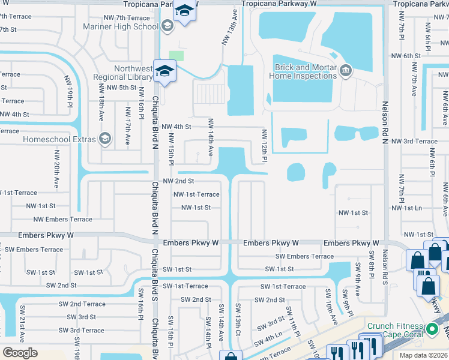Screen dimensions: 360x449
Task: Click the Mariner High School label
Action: [x=129, y=26]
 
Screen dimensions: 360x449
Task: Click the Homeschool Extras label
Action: [x=59, y=139]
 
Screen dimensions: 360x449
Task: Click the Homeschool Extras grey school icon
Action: [x=105, y=139]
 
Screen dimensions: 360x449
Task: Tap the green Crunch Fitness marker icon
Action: [x=432, y=329]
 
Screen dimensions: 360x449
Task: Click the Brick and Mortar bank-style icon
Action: [x=346, y=72]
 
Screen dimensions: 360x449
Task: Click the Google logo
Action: [x=20, y=353]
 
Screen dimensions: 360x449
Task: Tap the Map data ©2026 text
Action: [x=423, y=355]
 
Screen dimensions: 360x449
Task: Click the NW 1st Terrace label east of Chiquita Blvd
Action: [x=196, y=194]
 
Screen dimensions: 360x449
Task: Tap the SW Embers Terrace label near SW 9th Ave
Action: [x=304, y=256]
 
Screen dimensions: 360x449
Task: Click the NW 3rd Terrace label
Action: [x=414, y=141]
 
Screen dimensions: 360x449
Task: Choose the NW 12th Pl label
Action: [x=264, y=146]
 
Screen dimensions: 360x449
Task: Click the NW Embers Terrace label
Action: [x=62, y=220]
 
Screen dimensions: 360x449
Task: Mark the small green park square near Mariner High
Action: [x=176, y=55]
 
